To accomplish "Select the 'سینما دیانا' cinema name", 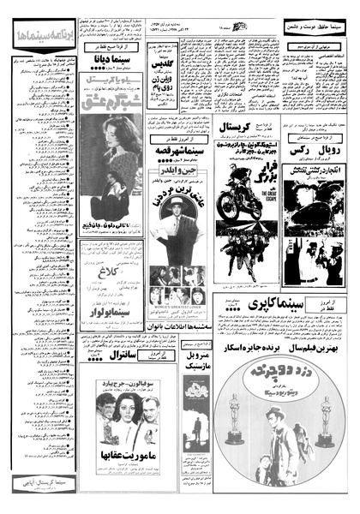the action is [x=110, y=60].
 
